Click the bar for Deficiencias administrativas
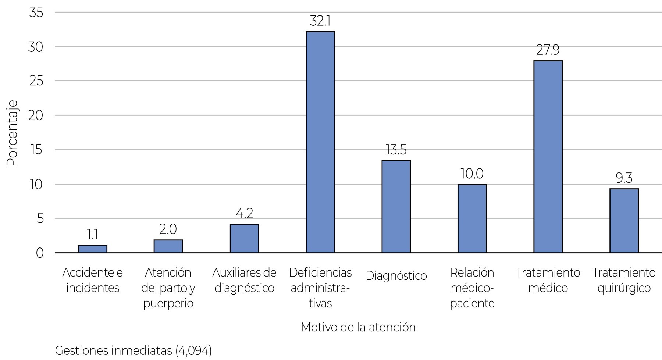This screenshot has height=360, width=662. pos(320,142)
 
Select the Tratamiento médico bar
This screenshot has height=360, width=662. pos(548,157)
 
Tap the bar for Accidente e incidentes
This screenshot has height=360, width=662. pos(93,249)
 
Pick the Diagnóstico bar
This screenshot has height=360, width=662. pos(396,206)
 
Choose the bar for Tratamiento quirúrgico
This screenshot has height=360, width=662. pos(624,221)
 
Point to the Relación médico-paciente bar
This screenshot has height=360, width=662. pos(472,218)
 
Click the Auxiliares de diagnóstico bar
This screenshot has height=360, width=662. pos(244,238)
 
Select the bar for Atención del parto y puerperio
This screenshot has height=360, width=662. pos(168,246)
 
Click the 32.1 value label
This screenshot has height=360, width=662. pos(320,21)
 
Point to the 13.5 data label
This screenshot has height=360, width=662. pos(396,150)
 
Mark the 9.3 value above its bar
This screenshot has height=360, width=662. pos(624,178)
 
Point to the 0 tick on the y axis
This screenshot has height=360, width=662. pos(39,253)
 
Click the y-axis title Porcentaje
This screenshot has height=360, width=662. pos(12,133)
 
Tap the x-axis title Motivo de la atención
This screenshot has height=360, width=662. pos(358,327)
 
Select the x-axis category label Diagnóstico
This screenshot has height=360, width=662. pos(396,276)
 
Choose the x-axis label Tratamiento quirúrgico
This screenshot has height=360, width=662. pos(624,280)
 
